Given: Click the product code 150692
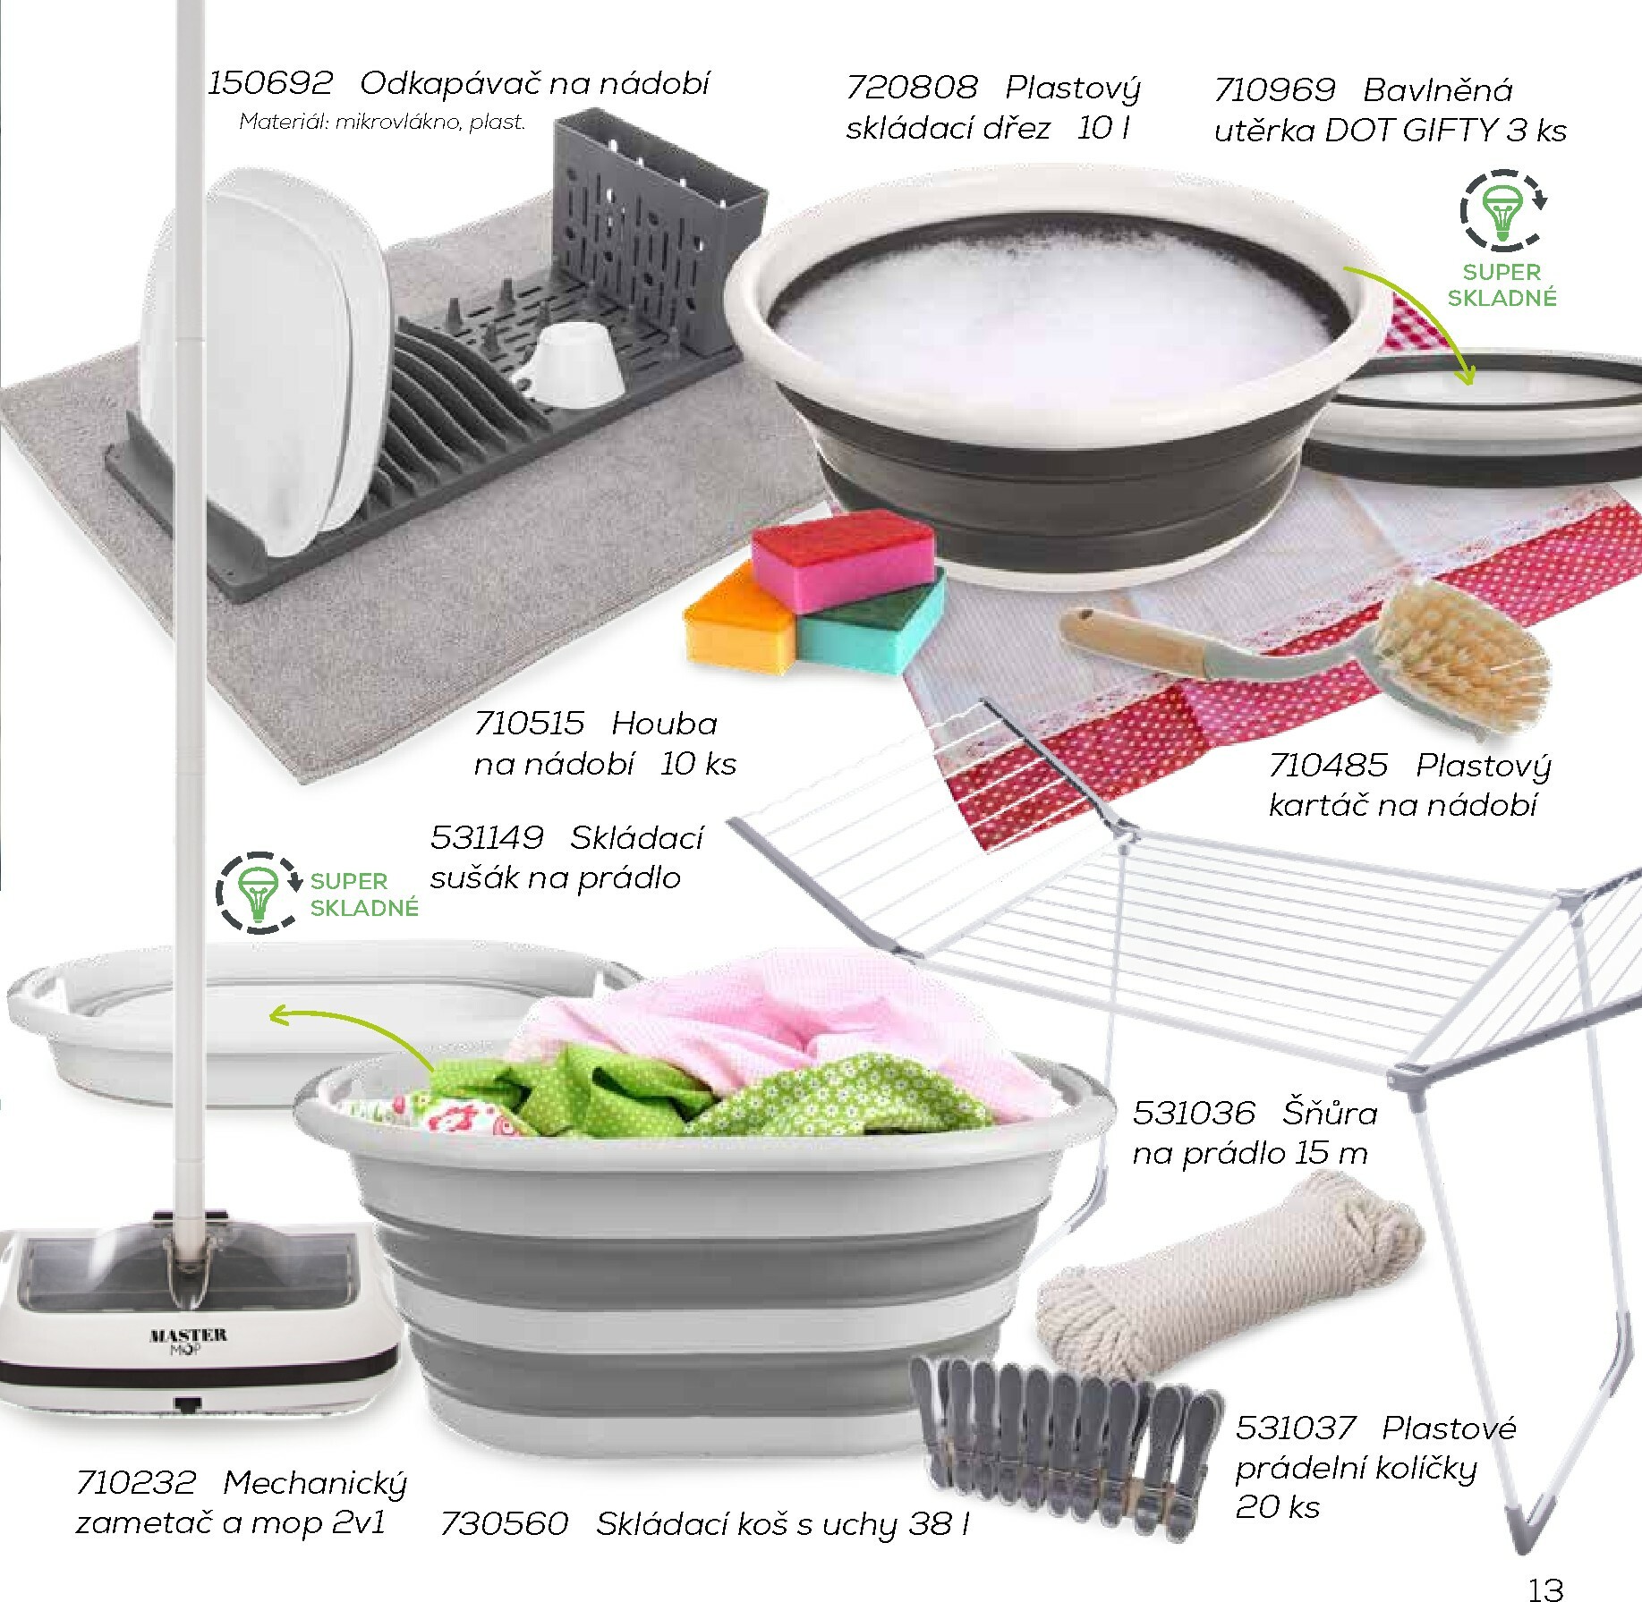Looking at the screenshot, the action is [269, 83].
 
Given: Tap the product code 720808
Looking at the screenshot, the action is [911, 88].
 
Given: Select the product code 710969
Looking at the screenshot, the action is [1274, 90].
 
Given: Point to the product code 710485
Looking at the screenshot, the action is [1328, 766].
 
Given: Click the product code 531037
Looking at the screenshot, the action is [1295, 1428].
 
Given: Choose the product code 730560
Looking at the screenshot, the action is [504, 1523].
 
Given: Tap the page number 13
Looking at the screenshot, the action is [1545, 1589].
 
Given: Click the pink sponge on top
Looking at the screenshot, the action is [842, 560].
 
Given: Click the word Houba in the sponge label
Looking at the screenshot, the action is [665, 723].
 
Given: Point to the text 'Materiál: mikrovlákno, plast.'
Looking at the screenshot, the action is [382, 122].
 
